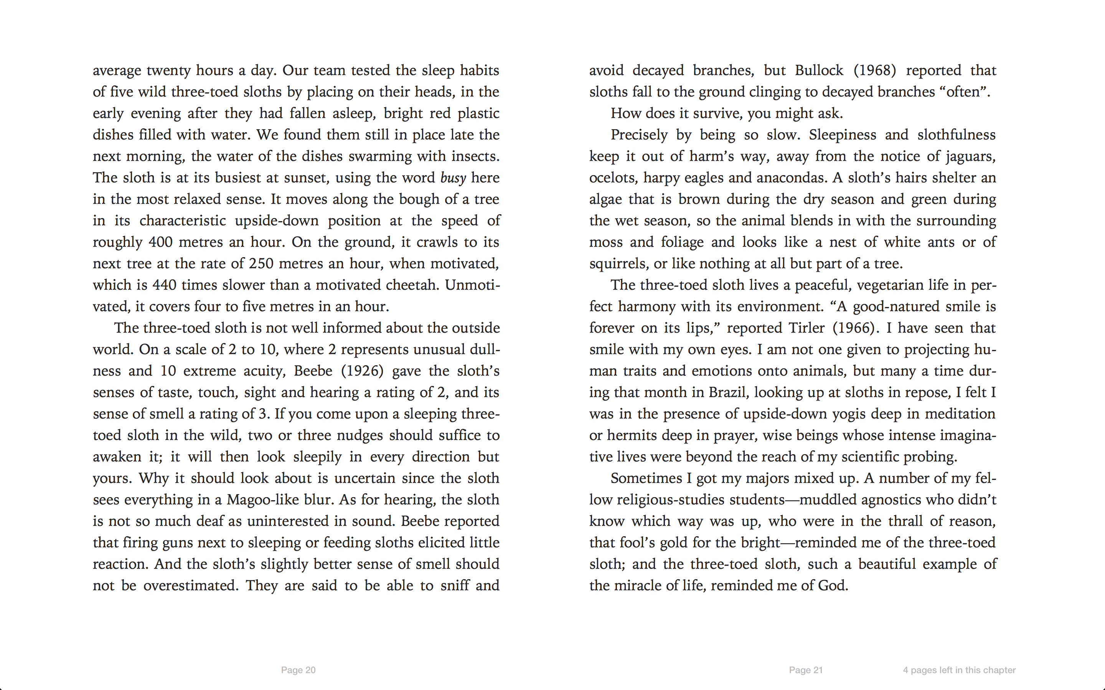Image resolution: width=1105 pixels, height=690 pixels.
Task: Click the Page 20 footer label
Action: [298, 670]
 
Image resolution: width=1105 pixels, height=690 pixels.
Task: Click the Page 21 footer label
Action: [805, 670]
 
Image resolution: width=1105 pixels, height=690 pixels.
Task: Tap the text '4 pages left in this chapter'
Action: [959, 670]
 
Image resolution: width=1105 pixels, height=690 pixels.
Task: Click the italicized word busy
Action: [453, 178]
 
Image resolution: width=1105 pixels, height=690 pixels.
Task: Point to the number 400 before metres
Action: [160, 242]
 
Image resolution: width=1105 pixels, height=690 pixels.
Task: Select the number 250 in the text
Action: [261, 264]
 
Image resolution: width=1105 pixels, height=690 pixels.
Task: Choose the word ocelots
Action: [613, 178]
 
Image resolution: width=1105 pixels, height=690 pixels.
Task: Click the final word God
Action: [833, 585]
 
